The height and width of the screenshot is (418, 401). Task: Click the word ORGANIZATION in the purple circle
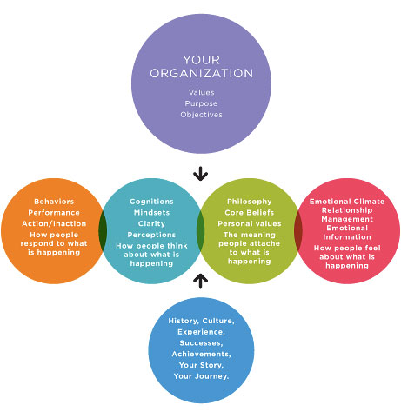[x=202, y=73]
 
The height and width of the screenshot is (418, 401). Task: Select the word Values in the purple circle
[x=202, y=92]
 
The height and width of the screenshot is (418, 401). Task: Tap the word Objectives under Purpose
[x=201, y=115]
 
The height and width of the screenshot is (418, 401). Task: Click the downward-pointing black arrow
[x=200, y=174]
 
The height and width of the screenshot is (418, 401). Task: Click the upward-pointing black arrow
[x=200, y=281]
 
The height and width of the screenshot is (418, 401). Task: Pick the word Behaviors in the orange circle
[x=54, y=202]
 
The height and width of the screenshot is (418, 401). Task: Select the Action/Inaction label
[x=54, y=223]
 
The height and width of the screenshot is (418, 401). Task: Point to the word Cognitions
[x=151, y=202]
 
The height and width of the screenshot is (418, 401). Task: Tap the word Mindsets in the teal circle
[x=151, y=213]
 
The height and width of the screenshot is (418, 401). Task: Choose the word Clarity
[x=151, y=223]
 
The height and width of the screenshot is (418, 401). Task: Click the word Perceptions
[x=151, y=235]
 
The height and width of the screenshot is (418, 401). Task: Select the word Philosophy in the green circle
[x=250, y=202]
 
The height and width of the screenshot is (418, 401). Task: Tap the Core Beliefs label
[x=250, y=213]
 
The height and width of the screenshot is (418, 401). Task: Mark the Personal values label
[x=250, y=223]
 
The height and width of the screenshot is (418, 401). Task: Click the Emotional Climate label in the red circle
[x=347, y=202]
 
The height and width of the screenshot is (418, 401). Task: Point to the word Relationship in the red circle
[x=347, y=210]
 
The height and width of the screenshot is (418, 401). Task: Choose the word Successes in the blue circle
[x=201, y=343]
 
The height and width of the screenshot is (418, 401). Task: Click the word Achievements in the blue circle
[x=201, y=354]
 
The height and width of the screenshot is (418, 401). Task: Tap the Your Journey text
[x=201, y=376]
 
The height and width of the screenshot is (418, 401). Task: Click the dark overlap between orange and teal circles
[x=103, y=231]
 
